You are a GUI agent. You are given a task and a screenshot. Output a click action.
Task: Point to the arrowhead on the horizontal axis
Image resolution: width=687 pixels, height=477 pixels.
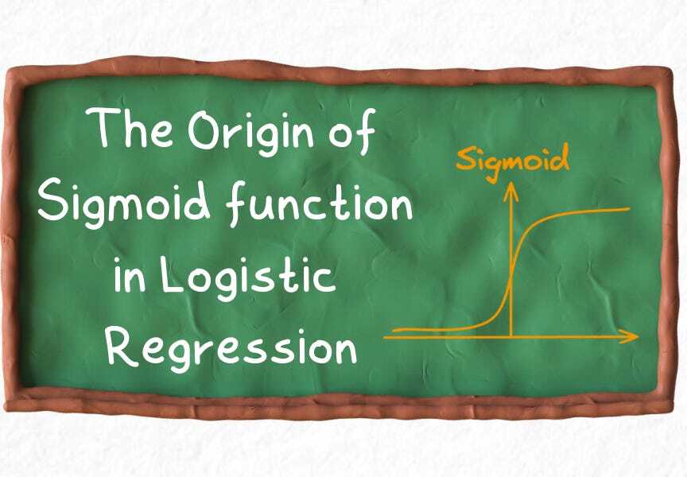(x=633, y=337)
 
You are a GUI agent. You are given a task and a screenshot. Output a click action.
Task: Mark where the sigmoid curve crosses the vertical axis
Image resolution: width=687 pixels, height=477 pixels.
(x=510, y=275)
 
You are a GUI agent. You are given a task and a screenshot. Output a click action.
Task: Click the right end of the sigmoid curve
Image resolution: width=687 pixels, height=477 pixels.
(x=629, y=209)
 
